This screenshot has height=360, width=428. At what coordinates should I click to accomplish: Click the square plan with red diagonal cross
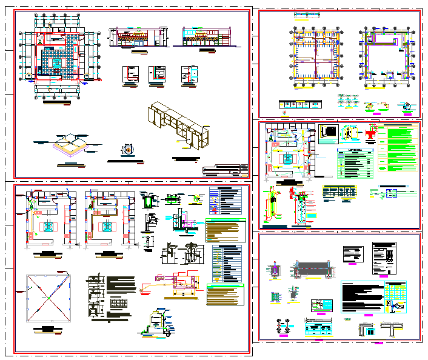(x=47, y=298)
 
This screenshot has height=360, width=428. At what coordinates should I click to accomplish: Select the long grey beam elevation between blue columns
(x=312, y=269)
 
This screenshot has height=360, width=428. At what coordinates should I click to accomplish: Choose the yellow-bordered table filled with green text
(x=225, y=230)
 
